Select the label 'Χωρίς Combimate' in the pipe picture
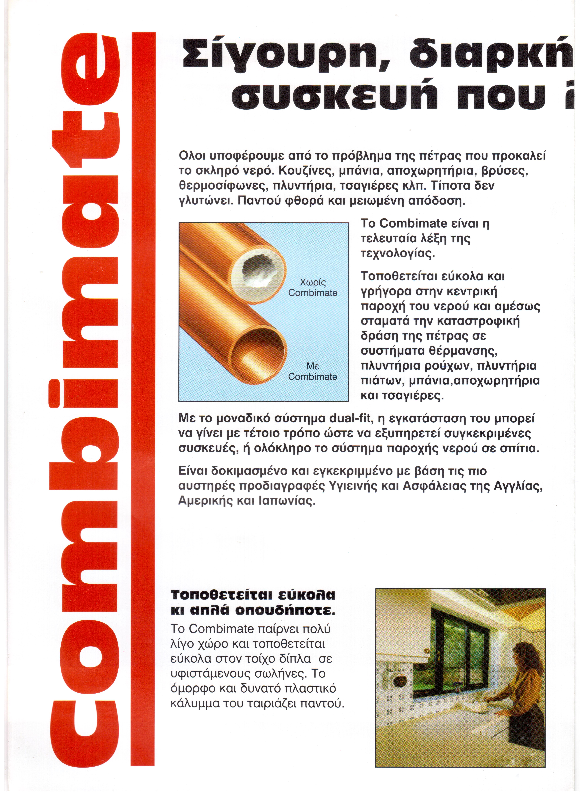click(313, 288)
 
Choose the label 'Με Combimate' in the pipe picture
click(313, 372)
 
